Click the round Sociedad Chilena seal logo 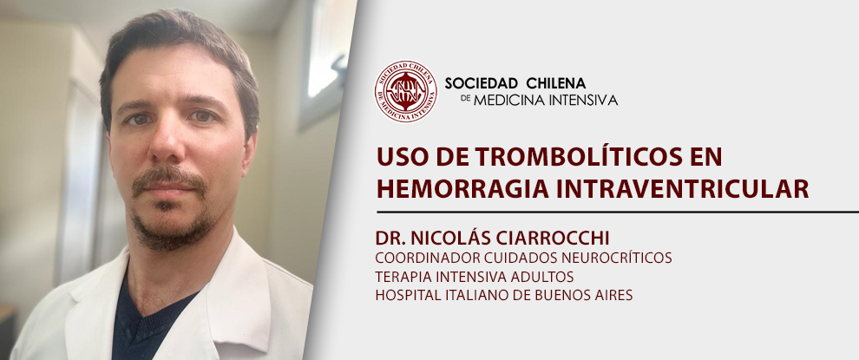point(406,91)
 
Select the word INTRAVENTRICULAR point(676,187)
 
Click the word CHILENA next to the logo point(555,83)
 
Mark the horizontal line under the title point(618,212)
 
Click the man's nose point(166,145)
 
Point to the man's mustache point(168,179)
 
